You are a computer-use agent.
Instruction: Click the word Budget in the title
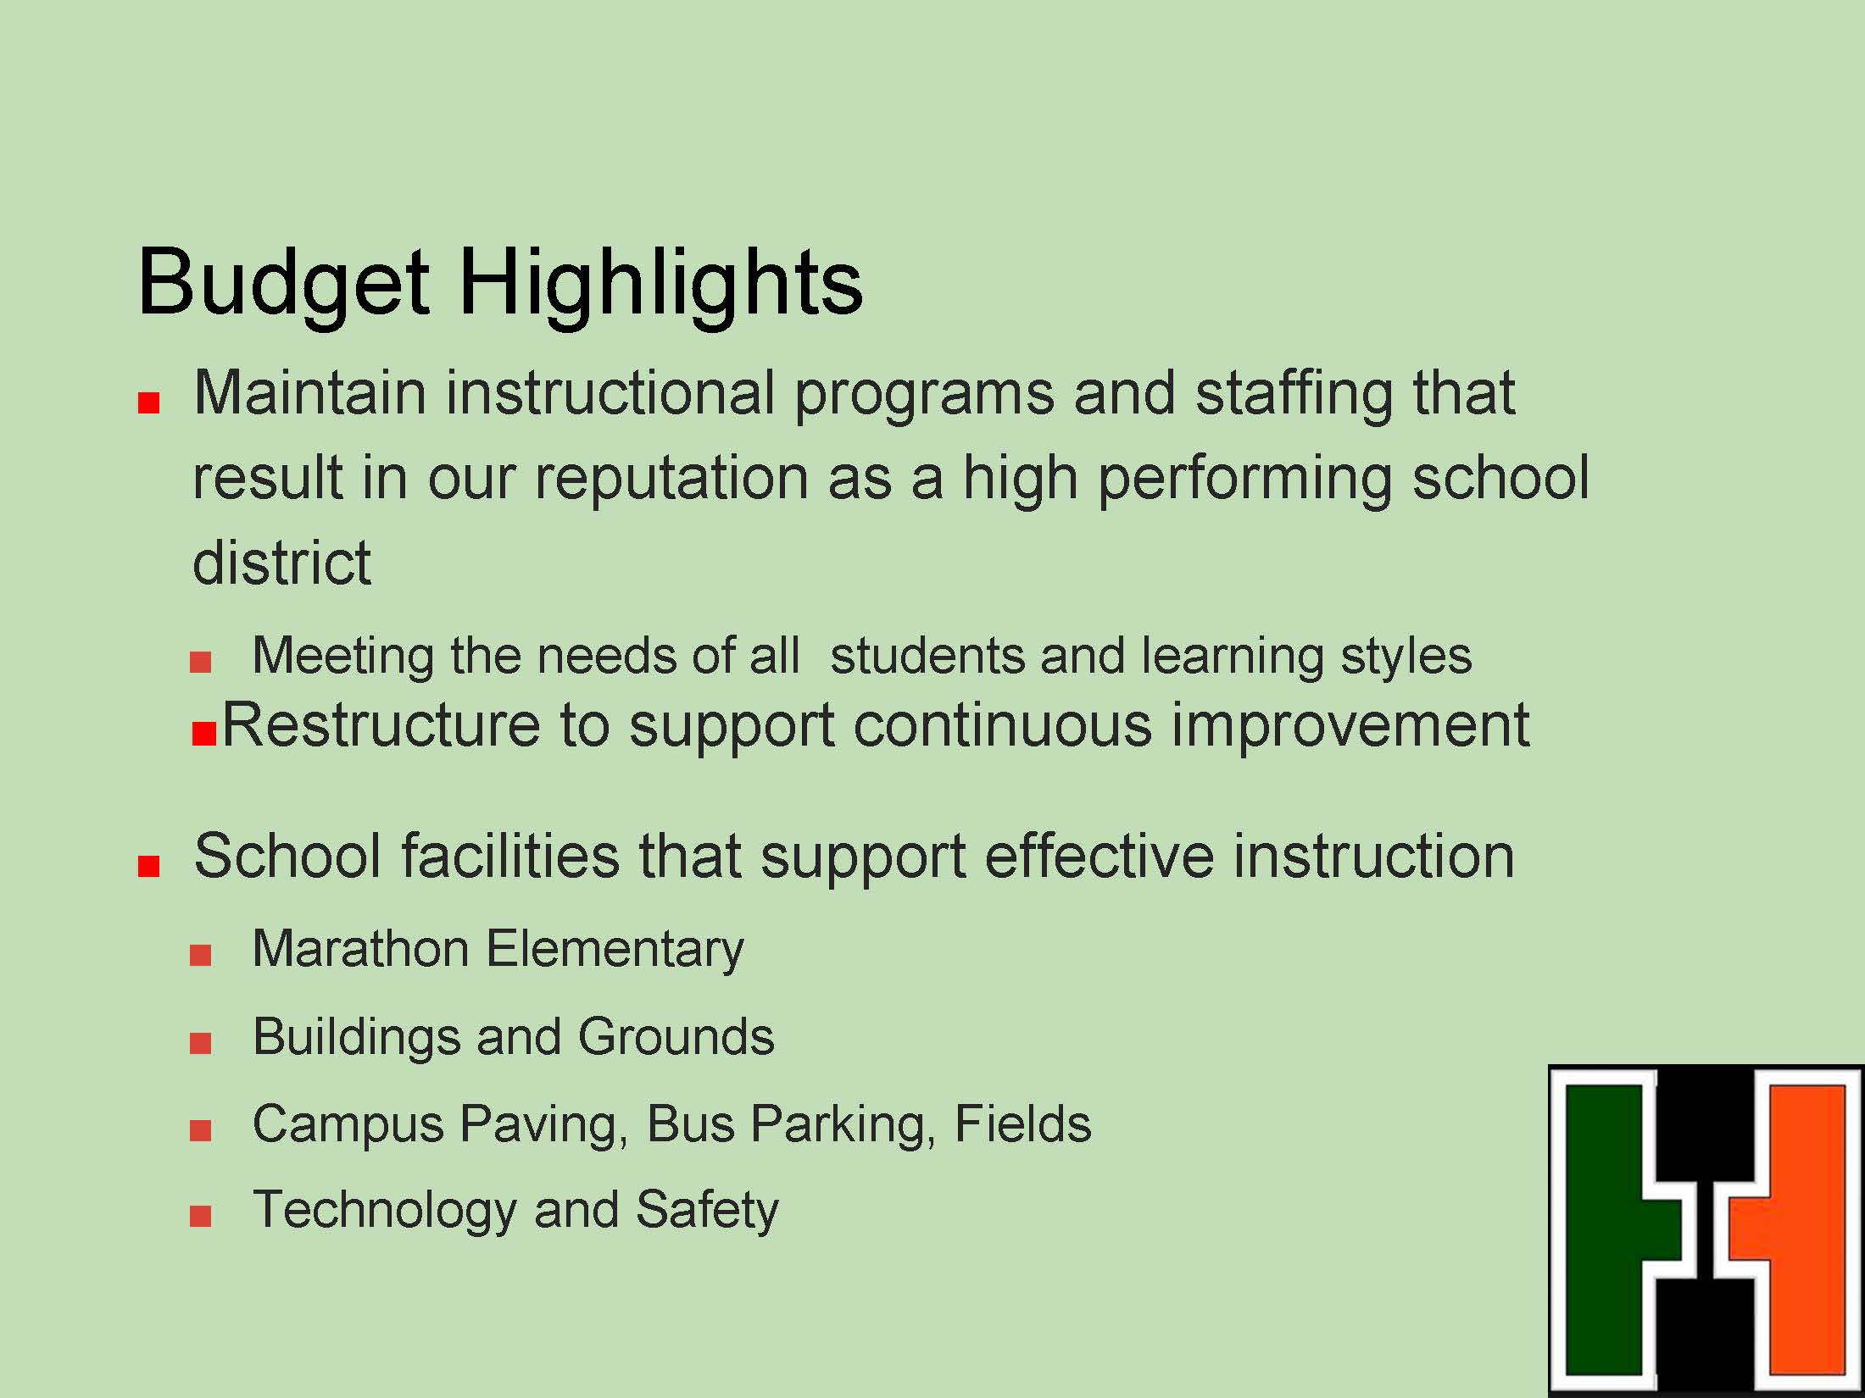pyautogui.click(x=284, y=285)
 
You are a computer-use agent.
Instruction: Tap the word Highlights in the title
pyautogui.click(x=660, y=285)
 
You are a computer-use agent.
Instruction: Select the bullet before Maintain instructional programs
pyautogui.click(x=149, y=403)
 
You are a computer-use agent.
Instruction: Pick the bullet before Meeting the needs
pyautogui.click(x=201, y=662)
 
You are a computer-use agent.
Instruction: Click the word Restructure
pyautogui.click(x=381, y=725)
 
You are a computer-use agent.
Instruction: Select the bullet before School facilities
pyautogui.click(x=149, y=866)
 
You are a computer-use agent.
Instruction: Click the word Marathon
pyautogui.click(x=360, y=948)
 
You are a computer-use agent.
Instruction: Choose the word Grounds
pyautogui.click(x=676, y=1036)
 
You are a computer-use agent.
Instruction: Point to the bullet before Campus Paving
pyautogui.click(x=201, y=1130)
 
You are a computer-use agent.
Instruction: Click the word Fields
pyautogui.click(x=1022, y=1123)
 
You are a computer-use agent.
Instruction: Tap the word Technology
pyautogui.click(x=385, y=1210)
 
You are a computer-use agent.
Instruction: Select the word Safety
pyautogui.click(x=706, y=1210)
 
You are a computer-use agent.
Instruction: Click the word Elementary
pyautogui.click(x=615, y=950)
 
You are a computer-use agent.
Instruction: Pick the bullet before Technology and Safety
pyautogui.click(x=201, y=1217)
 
